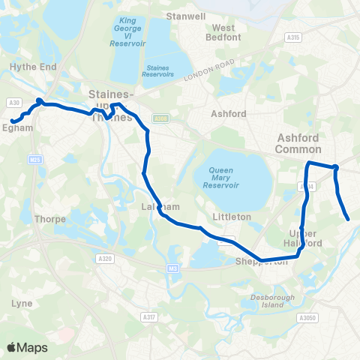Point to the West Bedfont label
point(223,32)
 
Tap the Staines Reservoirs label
point(157,71)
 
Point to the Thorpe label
point(49,220)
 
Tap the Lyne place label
point(22,303)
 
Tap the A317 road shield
point(150,318)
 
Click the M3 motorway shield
point(173,268)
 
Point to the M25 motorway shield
point(34,159)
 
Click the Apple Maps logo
point(27,347)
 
